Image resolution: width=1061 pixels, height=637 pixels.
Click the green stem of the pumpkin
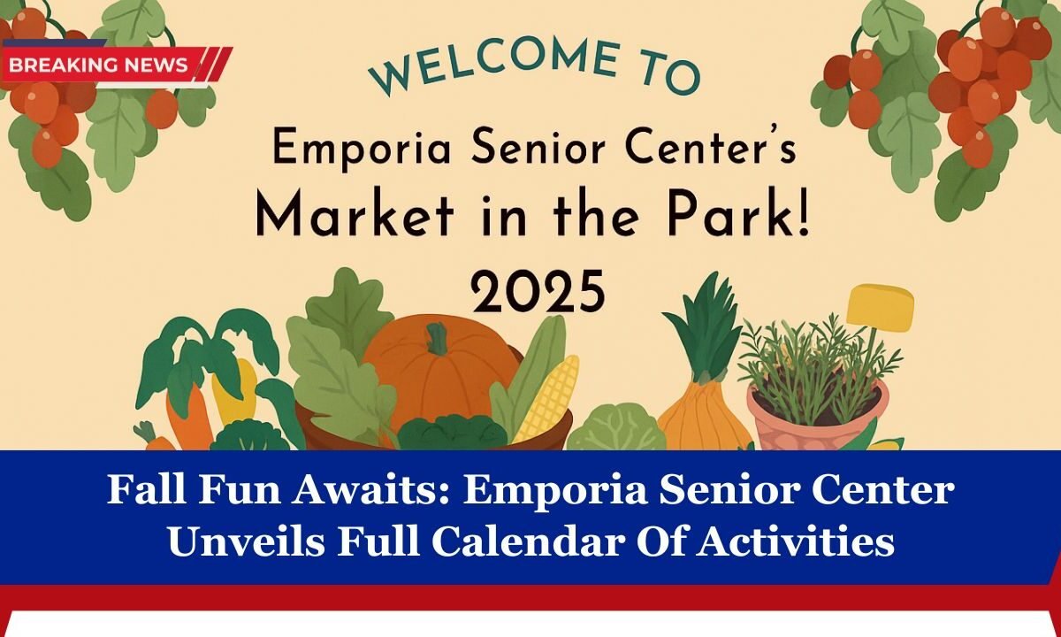(x=437, y=338)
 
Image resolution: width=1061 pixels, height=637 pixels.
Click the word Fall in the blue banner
(x=141, y=490)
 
